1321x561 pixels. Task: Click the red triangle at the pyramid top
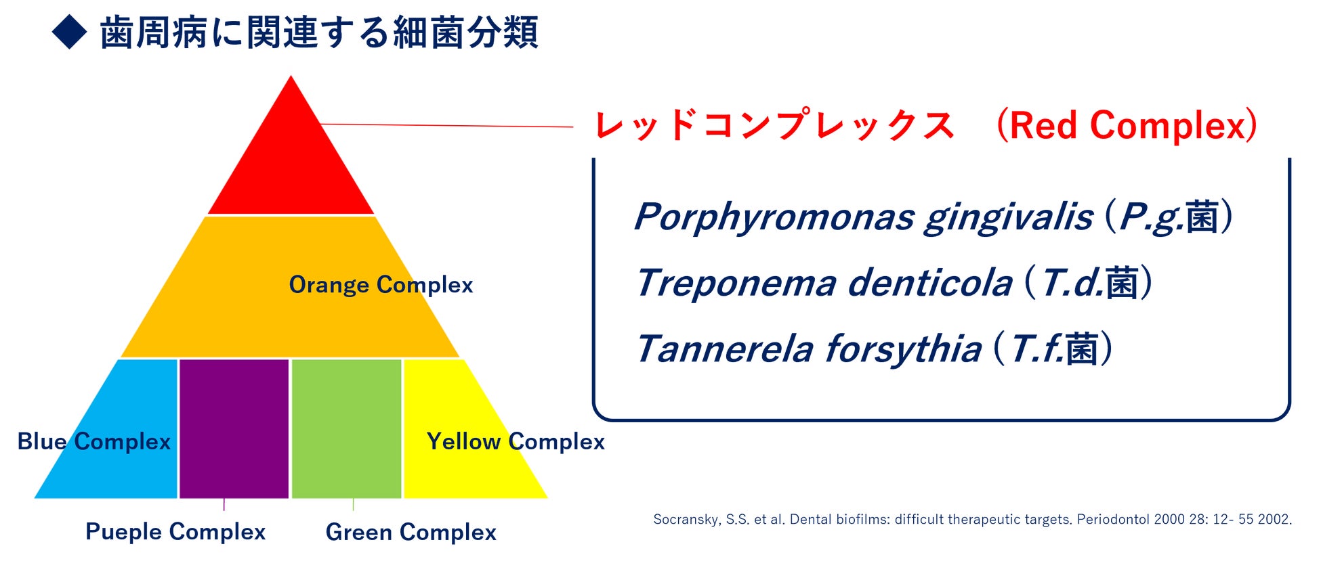pos(291,162)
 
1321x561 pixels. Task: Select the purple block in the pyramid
pos(234,429)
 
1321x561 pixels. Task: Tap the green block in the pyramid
pos(346,429)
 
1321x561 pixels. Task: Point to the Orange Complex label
pos(381,285)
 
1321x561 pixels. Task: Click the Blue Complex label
pos(94,441)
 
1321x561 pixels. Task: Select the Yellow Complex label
pos(516,441)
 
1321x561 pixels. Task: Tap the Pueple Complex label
pos(175,532)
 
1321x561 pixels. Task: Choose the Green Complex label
pos(411,532)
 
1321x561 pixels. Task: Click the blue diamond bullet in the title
pos(70,32)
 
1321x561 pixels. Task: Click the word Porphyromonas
pos(774,218)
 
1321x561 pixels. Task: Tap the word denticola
pos(929,282)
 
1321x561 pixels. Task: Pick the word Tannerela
pos(724,349)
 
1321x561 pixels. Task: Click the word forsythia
pos(903,350)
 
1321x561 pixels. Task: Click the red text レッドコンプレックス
pos(774,125)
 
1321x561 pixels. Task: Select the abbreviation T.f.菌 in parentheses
pos(1054,349)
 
